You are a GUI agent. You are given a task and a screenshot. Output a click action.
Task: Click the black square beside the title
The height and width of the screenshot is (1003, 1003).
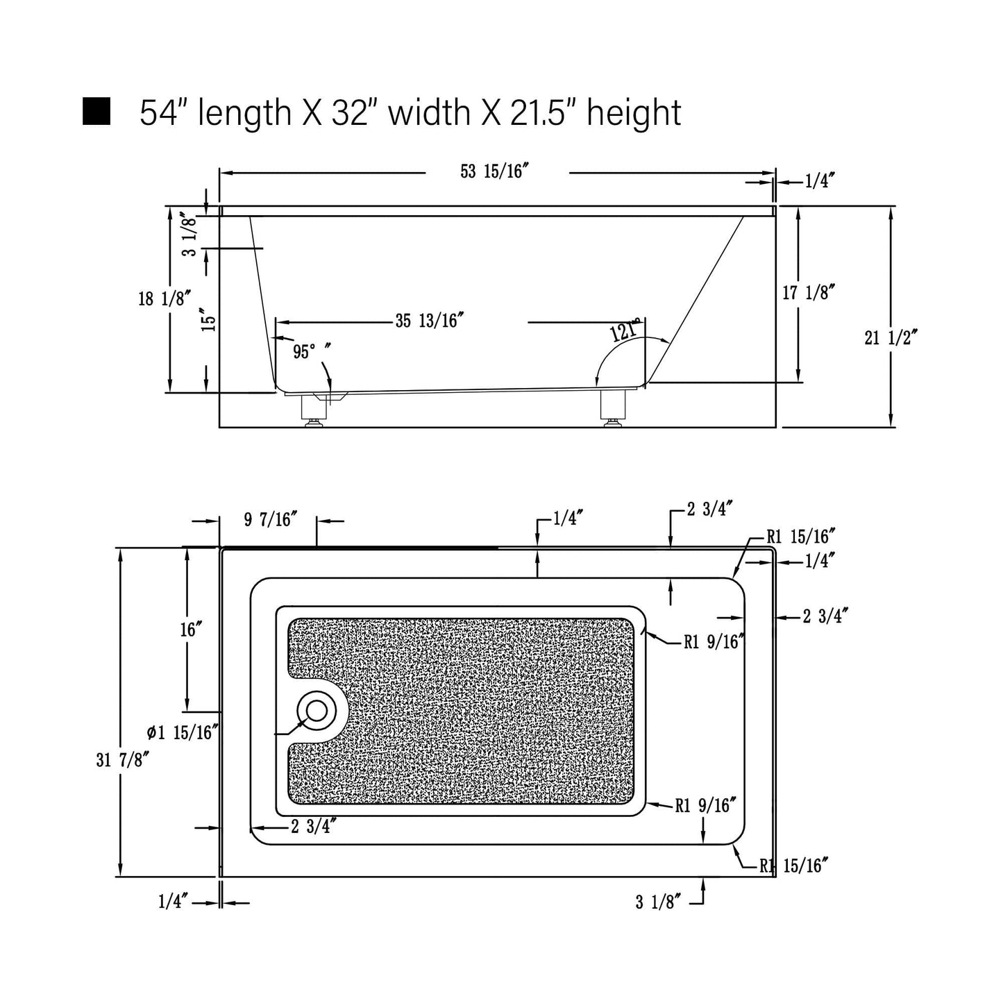[96, 111]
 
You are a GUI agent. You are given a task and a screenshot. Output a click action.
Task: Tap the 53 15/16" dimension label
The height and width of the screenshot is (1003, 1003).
[494, 171]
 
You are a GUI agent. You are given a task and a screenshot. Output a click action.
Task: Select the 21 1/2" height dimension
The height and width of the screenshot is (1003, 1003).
[891, 338]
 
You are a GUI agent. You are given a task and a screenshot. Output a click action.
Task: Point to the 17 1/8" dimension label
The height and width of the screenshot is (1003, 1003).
[809, 292]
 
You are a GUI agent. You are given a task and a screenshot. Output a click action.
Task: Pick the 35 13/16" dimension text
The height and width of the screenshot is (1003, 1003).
[430, 321]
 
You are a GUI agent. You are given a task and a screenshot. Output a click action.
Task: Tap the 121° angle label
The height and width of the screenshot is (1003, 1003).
[625, 330]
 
